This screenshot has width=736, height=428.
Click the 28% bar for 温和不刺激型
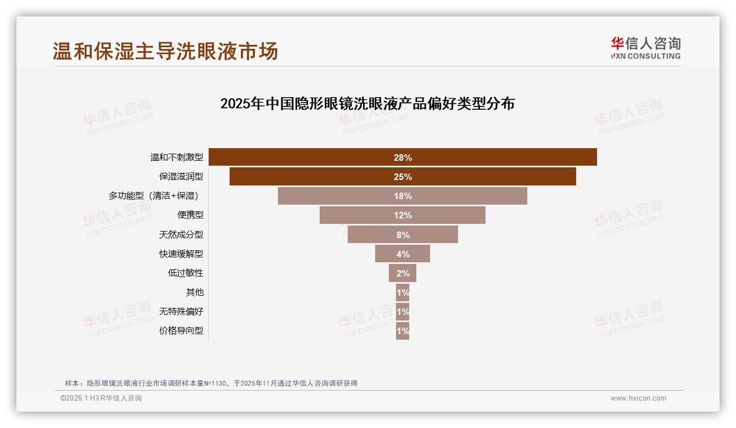pos(403,157)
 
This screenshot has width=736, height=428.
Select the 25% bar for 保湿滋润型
pos(403,177)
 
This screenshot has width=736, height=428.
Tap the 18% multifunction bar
pos(403,196)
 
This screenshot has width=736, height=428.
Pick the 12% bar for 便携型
pos(403,215)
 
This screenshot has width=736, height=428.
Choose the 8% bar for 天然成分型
pos(403,234)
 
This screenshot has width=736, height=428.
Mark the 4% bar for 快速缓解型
pos(403,254)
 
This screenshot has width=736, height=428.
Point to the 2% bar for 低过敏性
pos(403,273)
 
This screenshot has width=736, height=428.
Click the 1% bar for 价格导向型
pos(403,331)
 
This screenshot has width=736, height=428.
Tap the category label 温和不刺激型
pos(177,157)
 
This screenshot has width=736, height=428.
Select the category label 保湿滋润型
pos(181,177)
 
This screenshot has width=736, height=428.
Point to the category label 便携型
pos(190,215)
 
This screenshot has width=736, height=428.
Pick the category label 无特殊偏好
pos(181,312)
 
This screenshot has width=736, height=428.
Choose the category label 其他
pos(194,292)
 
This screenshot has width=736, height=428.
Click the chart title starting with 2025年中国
pos(367,104)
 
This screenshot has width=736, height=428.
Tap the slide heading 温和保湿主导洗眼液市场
pos(165,51)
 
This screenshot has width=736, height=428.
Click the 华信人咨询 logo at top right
pos(645,48)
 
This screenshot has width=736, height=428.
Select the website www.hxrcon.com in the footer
pos(638,398)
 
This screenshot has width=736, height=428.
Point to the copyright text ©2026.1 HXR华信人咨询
pos(101,398)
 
